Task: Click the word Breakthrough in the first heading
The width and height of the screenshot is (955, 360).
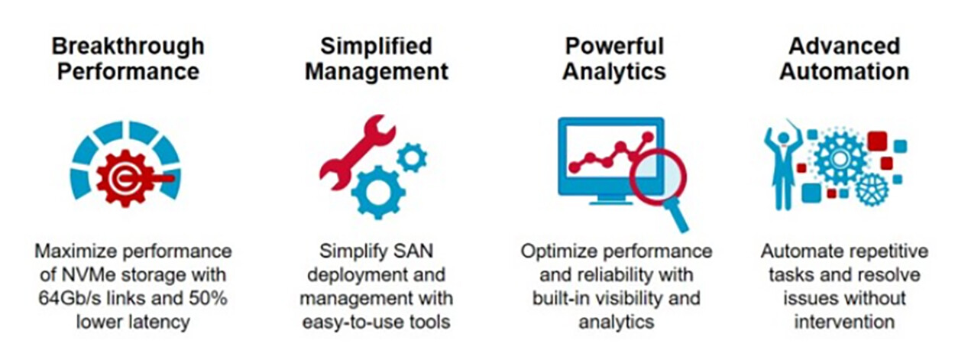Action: pyautogui.click(x=128, y=46)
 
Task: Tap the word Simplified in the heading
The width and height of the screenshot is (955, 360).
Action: pyautogui.click(x=376, y=46)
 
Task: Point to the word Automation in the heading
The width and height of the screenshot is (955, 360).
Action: pyautogui.click(x=843, y=72)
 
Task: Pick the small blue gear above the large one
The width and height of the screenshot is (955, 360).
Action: pyautogui.click(x=413, y=157)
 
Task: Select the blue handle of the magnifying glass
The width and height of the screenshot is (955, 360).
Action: pyautogui.click(x=676, y=216)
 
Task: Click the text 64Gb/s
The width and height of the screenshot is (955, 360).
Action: pyautogui.click(x=70, y=298)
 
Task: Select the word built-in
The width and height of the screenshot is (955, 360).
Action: pyautogui.click(x=561, y=298)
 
